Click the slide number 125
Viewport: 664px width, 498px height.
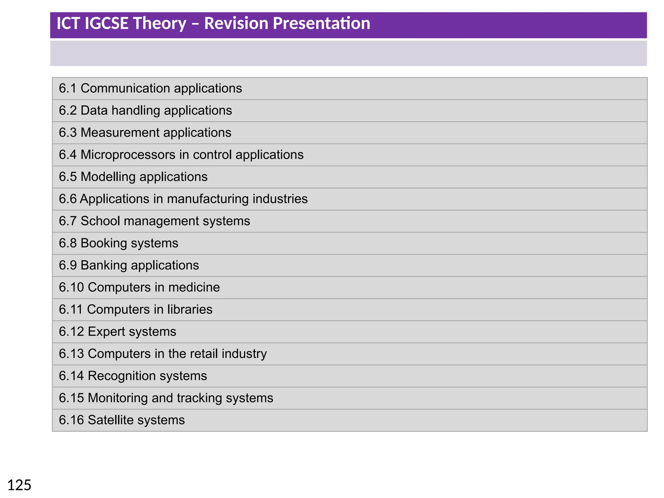click(x=19, y=485)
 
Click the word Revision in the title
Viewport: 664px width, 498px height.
click(x=236, y=23)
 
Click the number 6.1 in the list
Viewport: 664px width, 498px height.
click(x=67, y=88)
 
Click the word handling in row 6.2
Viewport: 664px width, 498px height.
click(x=136, y=111)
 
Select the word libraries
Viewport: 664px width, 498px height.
click(x=190, y=309)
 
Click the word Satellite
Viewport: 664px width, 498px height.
click(x=111, y=420)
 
